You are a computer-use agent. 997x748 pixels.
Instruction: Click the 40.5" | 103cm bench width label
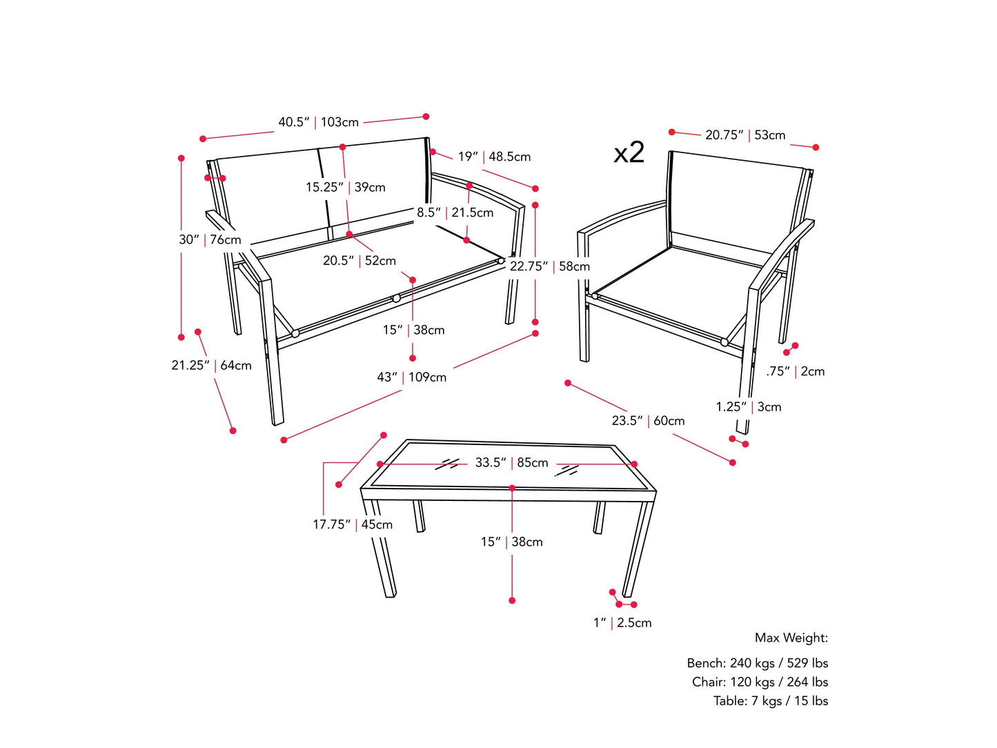(x=318, y=122)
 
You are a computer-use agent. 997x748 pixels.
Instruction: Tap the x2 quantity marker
(x=629, y=152)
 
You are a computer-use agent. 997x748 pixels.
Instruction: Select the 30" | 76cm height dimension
(x=210, y=239)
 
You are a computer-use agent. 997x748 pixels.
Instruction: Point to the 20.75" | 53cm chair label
(x=744, y=135)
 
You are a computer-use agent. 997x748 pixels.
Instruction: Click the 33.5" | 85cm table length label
(x=511, y=462)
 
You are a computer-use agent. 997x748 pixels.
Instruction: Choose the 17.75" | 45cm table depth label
(x=352, y=524)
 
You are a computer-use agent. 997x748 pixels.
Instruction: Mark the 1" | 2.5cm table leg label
(x=622, y=622)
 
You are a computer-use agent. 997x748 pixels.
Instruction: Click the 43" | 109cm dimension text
(x=411, y=377)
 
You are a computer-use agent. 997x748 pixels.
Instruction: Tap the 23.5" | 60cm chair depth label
(x=648, y=420)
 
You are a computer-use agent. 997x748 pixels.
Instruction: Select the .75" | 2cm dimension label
(x=795, y=371)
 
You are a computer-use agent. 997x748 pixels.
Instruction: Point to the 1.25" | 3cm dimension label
(x=748, y=406)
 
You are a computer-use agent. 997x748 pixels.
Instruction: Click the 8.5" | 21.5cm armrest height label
(x=455, y=213)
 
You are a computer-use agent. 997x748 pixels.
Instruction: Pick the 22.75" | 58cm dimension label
(x=549, y=266)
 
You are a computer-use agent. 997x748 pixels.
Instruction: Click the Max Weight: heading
(x=791, y=638)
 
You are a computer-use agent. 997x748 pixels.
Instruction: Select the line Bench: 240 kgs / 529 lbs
(x=757, y=663)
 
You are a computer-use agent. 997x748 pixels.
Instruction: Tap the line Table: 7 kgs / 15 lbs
(x=770, y=700)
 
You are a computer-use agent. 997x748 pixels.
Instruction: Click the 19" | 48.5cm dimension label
(x=494, y=157)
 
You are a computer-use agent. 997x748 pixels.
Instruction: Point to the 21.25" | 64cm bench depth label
(x=211, y=365)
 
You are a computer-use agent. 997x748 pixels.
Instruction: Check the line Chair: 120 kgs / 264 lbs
(x=760, y=682)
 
